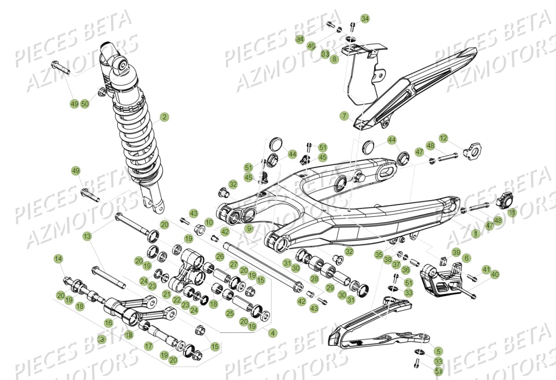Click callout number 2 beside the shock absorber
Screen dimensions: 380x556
164,117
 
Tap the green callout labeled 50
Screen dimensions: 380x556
85,104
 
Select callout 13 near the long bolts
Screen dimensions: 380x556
87,236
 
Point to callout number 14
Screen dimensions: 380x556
58,258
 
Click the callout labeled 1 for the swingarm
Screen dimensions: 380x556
475,233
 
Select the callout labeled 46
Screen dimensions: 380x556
311,46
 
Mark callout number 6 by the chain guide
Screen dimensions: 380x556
466,258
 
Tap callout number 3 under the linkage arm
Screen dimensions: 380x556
102,339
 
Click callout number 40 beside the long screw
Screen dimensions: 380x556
495,274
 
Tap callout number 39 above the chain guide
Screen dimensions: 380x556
456,252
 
